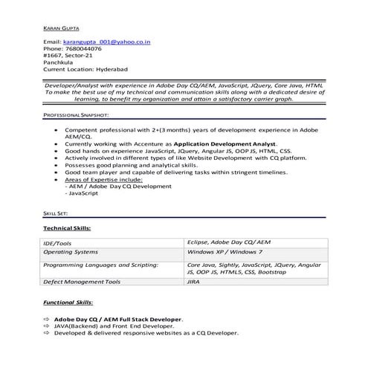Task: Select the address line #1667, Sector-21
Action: pos(68,56)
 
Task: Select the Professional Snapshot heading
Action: pos(77,116)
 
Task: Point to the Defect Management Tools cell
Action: pos(81,283)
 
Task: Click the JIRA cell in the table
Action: pos(193,283)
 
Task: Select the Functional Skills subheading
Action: pos(68,303)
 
